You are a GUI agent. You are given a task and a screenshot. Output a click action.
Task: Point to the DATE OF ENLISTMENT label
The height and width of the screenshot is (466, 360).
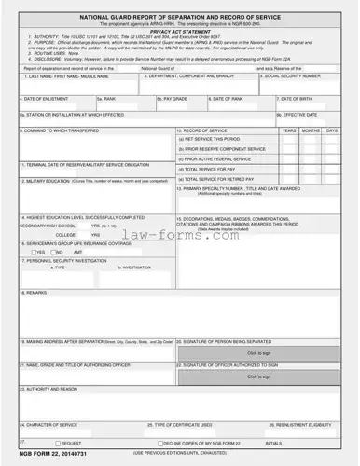pos(45,97)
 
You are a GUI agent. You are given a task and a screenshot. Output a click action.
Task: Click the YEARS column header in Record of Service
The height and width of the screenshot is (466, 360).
pos(289,130)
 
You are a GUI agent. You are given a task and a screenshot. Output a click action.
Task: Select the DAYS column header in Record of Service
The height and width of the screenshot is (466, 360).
pos(332,130)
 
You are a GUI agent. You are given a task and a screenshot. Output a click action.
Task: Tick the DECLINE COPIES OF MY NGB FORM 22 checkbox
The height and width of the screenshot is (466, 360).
pos(161,443)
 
